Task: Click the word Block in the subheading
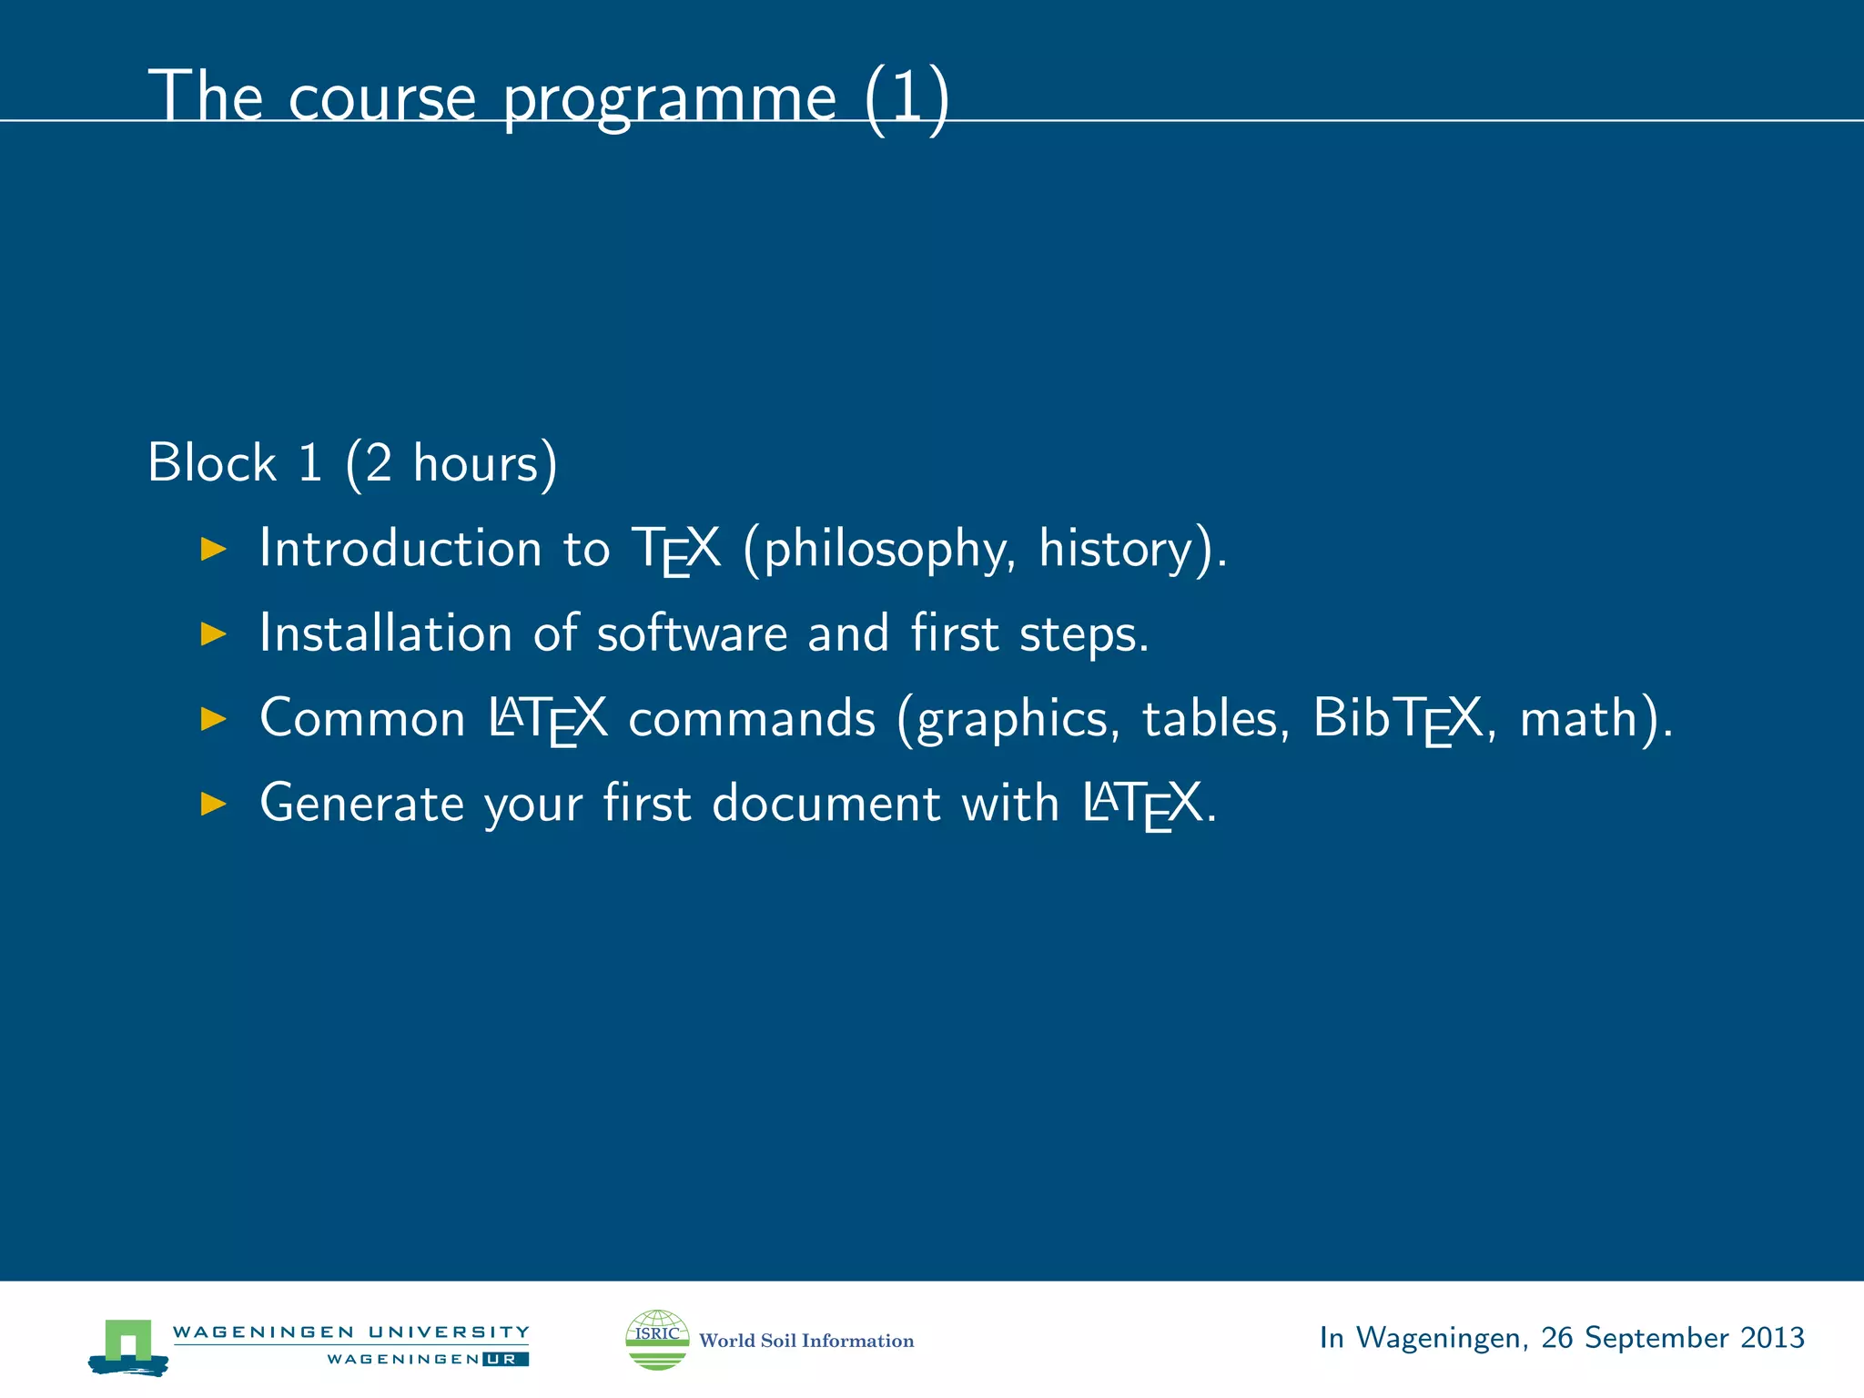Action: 211,462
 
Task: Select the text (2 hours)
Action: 451,464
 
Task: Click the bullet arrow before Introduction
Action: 213,549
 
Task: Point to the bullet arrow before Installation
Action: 213,633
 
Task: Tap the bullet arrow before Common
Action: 213,719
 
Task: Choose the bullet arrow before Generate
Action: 213,804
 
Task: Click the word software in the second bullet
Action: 692,633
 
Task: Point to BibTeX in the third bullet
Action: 1398,719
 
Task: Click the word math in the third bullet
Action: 1579,719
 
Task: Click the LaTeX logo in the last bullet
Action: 1143,805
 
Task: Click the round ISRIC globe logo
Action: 657,1340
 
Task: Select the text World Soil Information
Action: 806,1341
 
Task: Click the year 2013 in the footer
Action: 1771,1338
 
